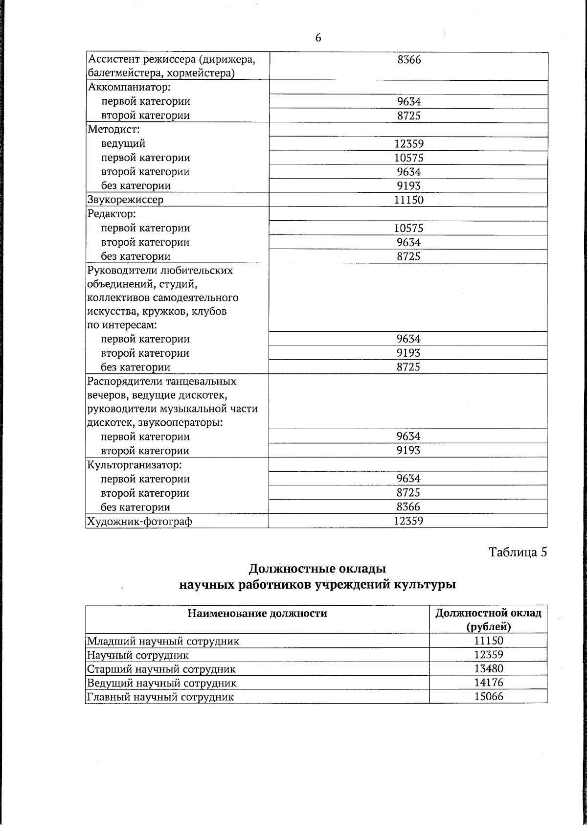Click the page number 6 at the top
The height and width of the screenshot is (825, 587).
tap(318, 38)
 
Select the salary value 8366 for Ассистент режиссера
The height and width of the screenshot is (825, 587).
tap(408, 60)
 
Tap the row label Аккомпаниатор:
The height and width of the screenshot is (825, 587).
tap(129, 88)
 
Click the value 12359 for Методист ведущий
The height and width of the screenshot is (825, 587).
tap(408, 144)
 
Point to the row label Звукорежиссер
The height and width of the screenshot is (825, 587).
tap(125, 200)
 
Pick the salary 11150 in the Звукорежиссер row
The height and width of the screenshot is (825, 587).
tap(408, 200)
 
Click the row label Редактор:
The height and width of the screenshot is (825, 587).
tap(111, 214)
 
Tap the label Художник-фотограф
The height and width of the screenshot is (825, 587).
tap(139, 521)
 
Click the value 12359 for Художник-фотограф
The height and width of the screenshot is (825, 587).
tap(408, 521)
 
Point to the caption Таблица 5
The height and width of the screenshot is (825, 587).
tap(518, 552)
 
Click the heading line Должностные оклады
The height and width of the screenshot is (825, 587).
tap(317, 569)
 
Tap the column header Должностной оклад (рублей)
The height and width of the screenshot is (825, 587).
tap(488, 619)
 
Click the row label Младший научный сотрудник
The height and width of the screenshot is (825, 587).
tap(163, 641)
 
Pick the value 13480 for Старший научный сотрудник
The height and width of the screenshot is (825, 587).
tap(489, 669)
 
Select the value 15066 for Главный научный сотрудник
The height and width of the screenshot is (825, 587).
tap(489, 697)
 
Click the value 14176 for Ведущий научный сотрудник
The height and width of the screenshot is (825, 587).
tap(489, 683)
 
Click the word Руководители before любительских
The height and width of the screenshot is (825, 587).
tap(118, 271)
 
